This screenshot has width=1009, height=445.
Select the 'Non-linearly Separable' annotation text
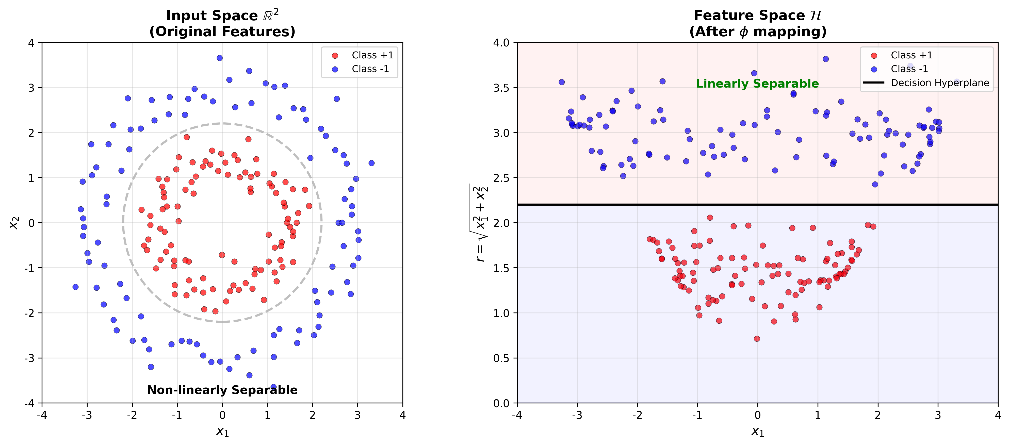coord(222,390)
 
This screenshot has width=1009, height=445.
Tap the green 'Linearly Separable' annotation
coord(757,84)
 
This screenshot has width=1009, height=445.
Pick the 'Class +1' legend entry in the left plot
coord(372,55)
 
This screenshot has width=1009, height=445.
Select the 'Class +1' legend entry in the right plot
coord(912,55)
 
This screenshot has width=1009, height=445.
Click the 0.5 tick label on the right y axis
coord(502,358)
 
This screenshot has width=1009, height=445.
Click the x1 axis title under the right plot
coord(758,432)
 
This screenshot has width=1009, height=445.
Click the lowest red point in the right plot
coord(757,339)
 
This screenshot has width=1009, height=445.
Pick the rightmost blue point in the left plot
coord(371,163)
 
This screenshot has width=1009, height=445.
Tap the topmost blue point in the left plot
coord(220,58)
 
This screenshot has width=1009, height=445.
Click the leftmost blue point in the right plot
coord(562,82)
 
